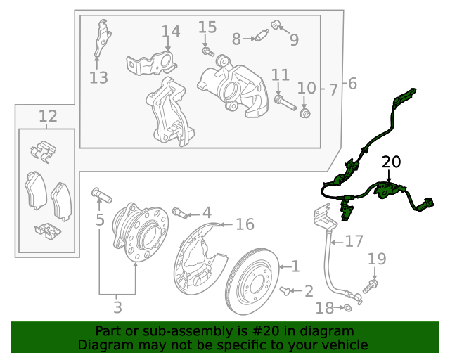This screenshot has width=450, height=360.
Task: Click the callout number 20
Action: tap(391, 162)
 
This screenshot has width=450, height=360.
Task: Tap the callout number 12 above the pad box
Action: tap(47, 116)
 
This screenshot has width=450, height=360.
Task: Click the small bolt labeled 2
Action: tap(285, 290)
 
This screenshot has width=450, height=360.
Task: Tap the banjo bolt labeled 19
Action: tap(370, 285)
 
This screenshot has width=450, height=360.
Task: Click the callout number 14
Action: tap(171, 32)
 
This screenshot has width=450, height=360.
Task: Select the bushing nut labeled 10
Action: tap(305, 113)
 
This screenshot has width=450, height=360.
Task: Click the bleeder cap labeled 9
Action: tap(276, 27)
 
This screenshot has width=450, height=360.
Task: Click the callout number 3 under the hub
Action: tap(117, 307)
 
